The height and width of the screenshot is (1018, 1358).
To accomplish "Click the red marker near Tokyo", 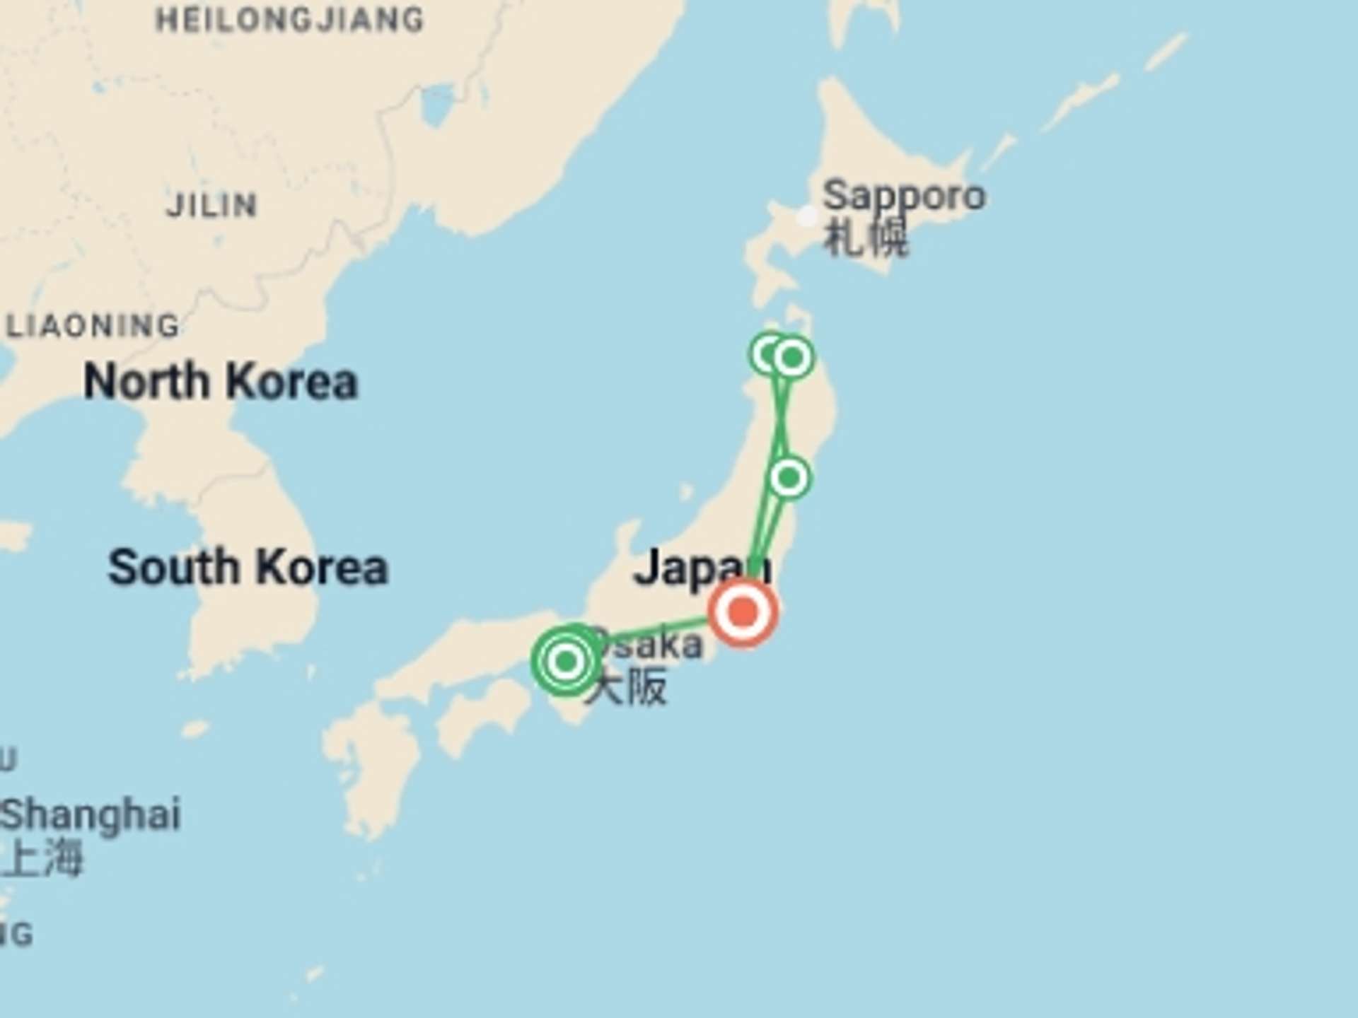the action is tap(743, 612).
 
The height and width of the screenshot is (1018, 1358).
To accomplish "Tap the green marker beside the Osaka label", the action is tap(566, 662).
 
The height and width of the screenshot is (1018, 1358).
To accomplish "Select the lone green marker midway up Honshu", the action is tap(789, 478).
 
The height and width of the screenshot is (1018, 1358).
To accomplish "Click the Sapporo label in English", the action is tap(904, 196).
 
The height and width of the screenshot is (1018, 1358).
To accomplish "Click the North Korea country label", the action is tap(221, 382).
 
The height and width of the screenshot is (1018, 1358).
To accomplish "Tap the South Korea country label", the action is tap(248, 568).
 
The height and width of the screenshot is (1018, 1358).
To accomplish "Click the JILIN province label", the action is tap(211, 206).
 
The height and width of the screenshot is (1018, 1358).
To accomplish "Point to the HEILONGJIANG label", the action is tap(289, 20).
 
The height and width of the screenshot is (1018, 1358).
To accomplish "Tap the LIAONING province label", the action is tap(93, 326).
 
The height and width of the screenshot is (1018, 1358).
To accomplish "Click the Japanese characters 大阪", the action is tap(627, 687).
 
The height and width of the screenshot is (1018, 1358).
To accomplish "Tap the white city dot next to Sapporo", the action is tap(807, 216).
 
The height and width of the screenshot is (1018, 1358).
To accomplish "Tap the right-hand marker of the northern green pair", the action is tap(792, 358).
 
